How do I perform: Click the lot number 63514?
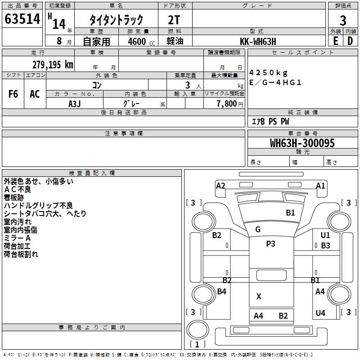click(x=22, y=20)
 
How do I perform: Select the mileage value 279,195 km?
click(x=53, y=64)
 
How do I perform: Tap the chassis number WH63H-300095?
click(x=302, y=143)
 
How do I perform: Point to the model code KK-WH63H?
click(x=258, y=41)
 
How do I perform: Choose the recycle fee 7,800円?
click(x=230, y=103)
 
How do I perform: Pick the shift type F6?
click(x=13, y=94)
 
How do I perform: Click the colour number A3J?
click(x=74, y=103)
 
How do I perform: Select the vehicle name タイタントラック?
click(x=116, y=20)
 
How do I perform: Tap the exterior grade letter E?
click(x=335, y=41)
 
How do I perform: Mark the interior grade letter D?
click(x=350, y=41)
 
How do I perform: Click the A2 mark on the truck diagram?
click(x=220, y=185)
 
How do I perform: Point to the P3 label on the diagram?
click(x=270, y=243)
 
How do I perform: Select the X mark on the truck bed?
click(x=259, y=296)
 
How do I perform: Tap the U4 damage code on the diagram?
click(x=320, y=313)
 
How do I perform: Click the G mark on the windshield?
click(x=258, y=229)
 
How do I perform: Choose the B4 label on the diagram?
click(x=222, y=292)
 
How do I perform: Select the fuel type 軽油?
click(x=175, y=41)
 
